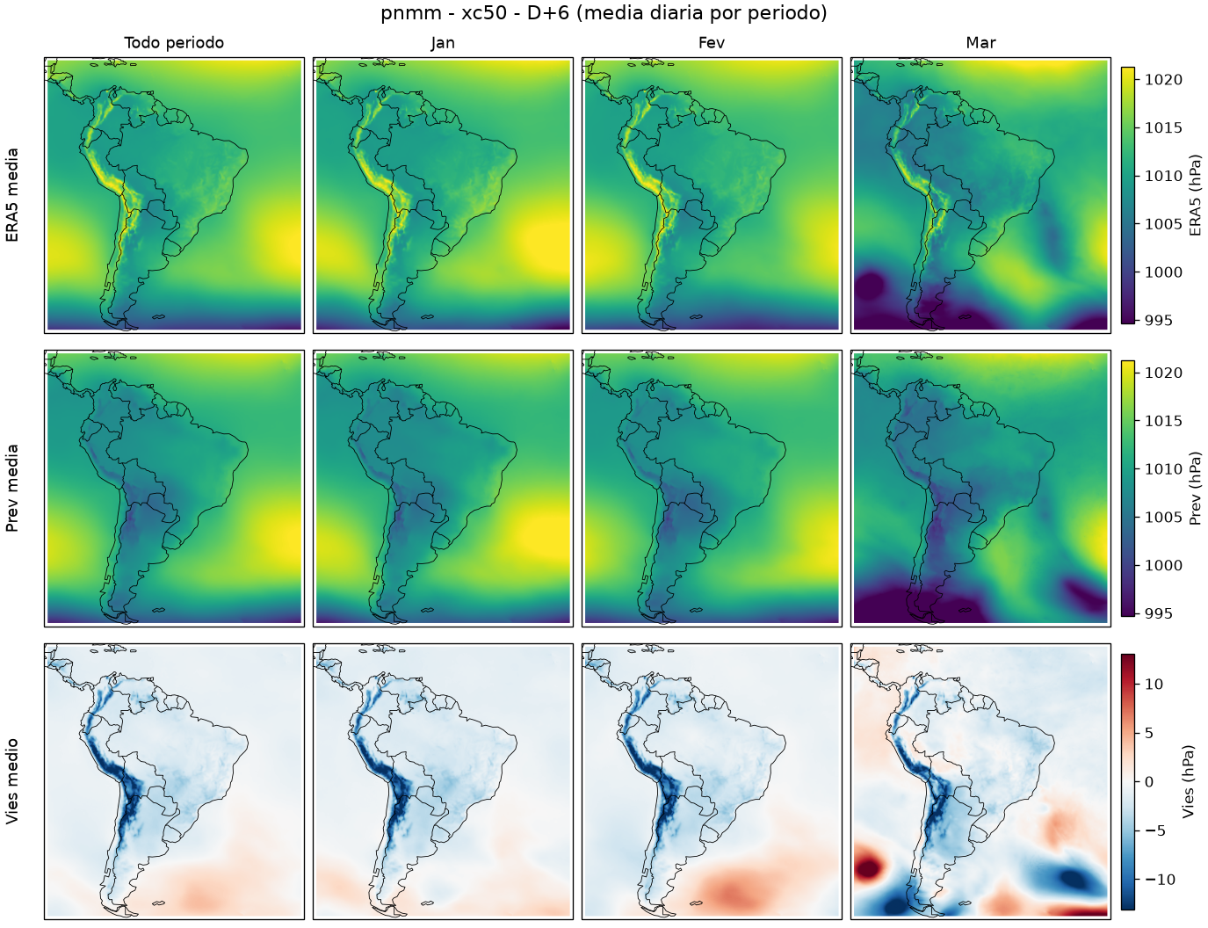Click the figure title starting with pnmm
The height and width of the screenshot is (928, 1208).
tap(604, 13)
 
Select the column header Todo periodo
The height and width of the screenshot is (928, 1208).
tap(174, 43)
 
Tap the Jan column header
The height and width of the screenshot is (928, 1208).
tap(443, 43)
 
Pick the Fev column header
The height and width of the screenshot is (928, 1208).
tap(712, 43)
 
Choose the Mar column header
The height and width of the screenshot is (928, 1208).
tap(980, 43)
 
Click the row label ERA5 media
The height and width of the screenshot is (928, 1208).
tap(12, 195)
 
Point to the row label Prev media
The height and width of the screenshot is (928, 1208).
tap(12, 489)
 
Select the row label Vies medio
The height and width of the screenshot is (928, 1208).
tap(12, 781)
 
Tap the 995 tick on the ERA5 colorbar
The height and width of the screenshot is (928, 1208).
tap(1158, 320)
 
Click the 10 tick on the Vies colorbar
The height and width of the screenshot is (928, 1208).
tap(1154, 684)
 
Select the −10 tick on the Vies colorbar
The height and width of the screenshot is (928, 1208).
tap(1159, 880)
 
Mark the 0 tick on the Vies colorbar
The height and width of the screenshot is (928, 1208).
tap(1149, 782)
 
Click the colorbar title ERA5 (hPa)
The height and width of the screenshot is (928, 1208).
tap(1195, 195)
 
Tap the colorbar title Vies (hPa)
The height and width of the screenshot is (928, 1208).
tap(1189, 781)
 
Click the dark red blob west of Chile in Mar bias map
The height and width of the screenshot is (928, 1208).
tap(869, 866)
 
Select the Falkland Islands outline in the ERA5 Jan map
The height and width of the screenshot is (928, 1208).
tap(428, 317)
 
